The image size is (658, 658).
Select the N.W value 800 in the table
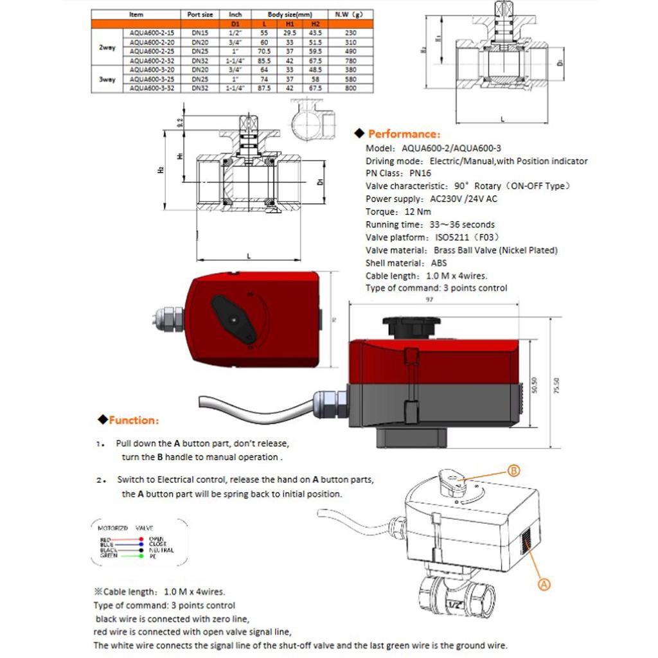[x=350, y=89]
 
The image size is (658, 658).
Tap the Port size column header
[x=200, y=14]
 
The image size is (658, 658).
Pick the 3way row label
[x=107, y=80]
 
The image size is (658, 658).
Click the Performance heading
[x=404, y=134]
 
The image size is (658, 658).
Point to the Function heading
[x=134, y=420]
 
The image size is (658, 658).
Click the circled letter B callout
[x=514, y=471]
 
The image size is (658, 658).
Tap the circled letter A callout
[x=544, y=584]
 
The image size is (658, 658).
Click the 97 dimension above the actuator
[x=429, y=299]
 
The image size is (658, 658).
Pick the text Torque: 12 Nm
[x=398, y=212]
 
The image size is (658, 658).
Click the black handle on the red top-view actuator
[x=235, y=317]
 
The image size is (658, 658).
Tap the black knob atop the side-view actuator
[x=411, y=325]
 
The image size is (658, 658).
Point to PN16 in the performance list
[x=420, y=173]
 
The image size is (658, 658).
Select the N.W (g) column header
[x=350, y=14]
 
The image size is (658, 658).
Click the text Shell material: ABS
[x=406, y=263]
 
